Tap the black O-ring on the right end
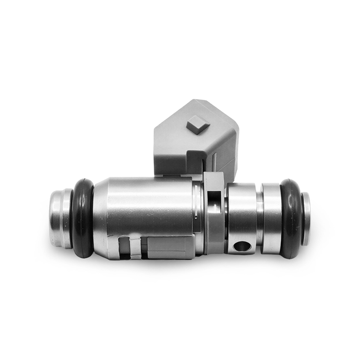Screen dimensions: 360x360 pyautogui.click(x=292, y=218)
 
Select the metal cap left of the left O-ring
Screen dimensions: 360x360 pyautogui.click(x=61, y=219)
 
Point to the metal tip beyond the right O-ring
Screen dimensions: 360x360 pyautogui.click(x=306, y=219)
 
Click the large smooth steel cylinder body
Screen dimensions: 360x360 pyautogui.click(x=149, y=206)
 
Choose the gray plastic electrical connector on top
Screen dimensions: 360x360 pyautogui.click(x=195, y=136)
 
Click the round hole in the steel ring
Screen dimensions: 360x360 pyautogui.click(x=242, y=246)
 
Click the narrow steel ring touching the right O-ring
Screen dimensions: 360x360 pyautogui.click(x=272, y=218)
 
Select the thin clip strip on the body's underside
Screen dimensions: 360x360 pyautogui.click(x=135, y=248)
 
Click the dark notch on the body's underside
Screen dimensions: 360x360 pyautogui.click(x=123, y=247)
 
